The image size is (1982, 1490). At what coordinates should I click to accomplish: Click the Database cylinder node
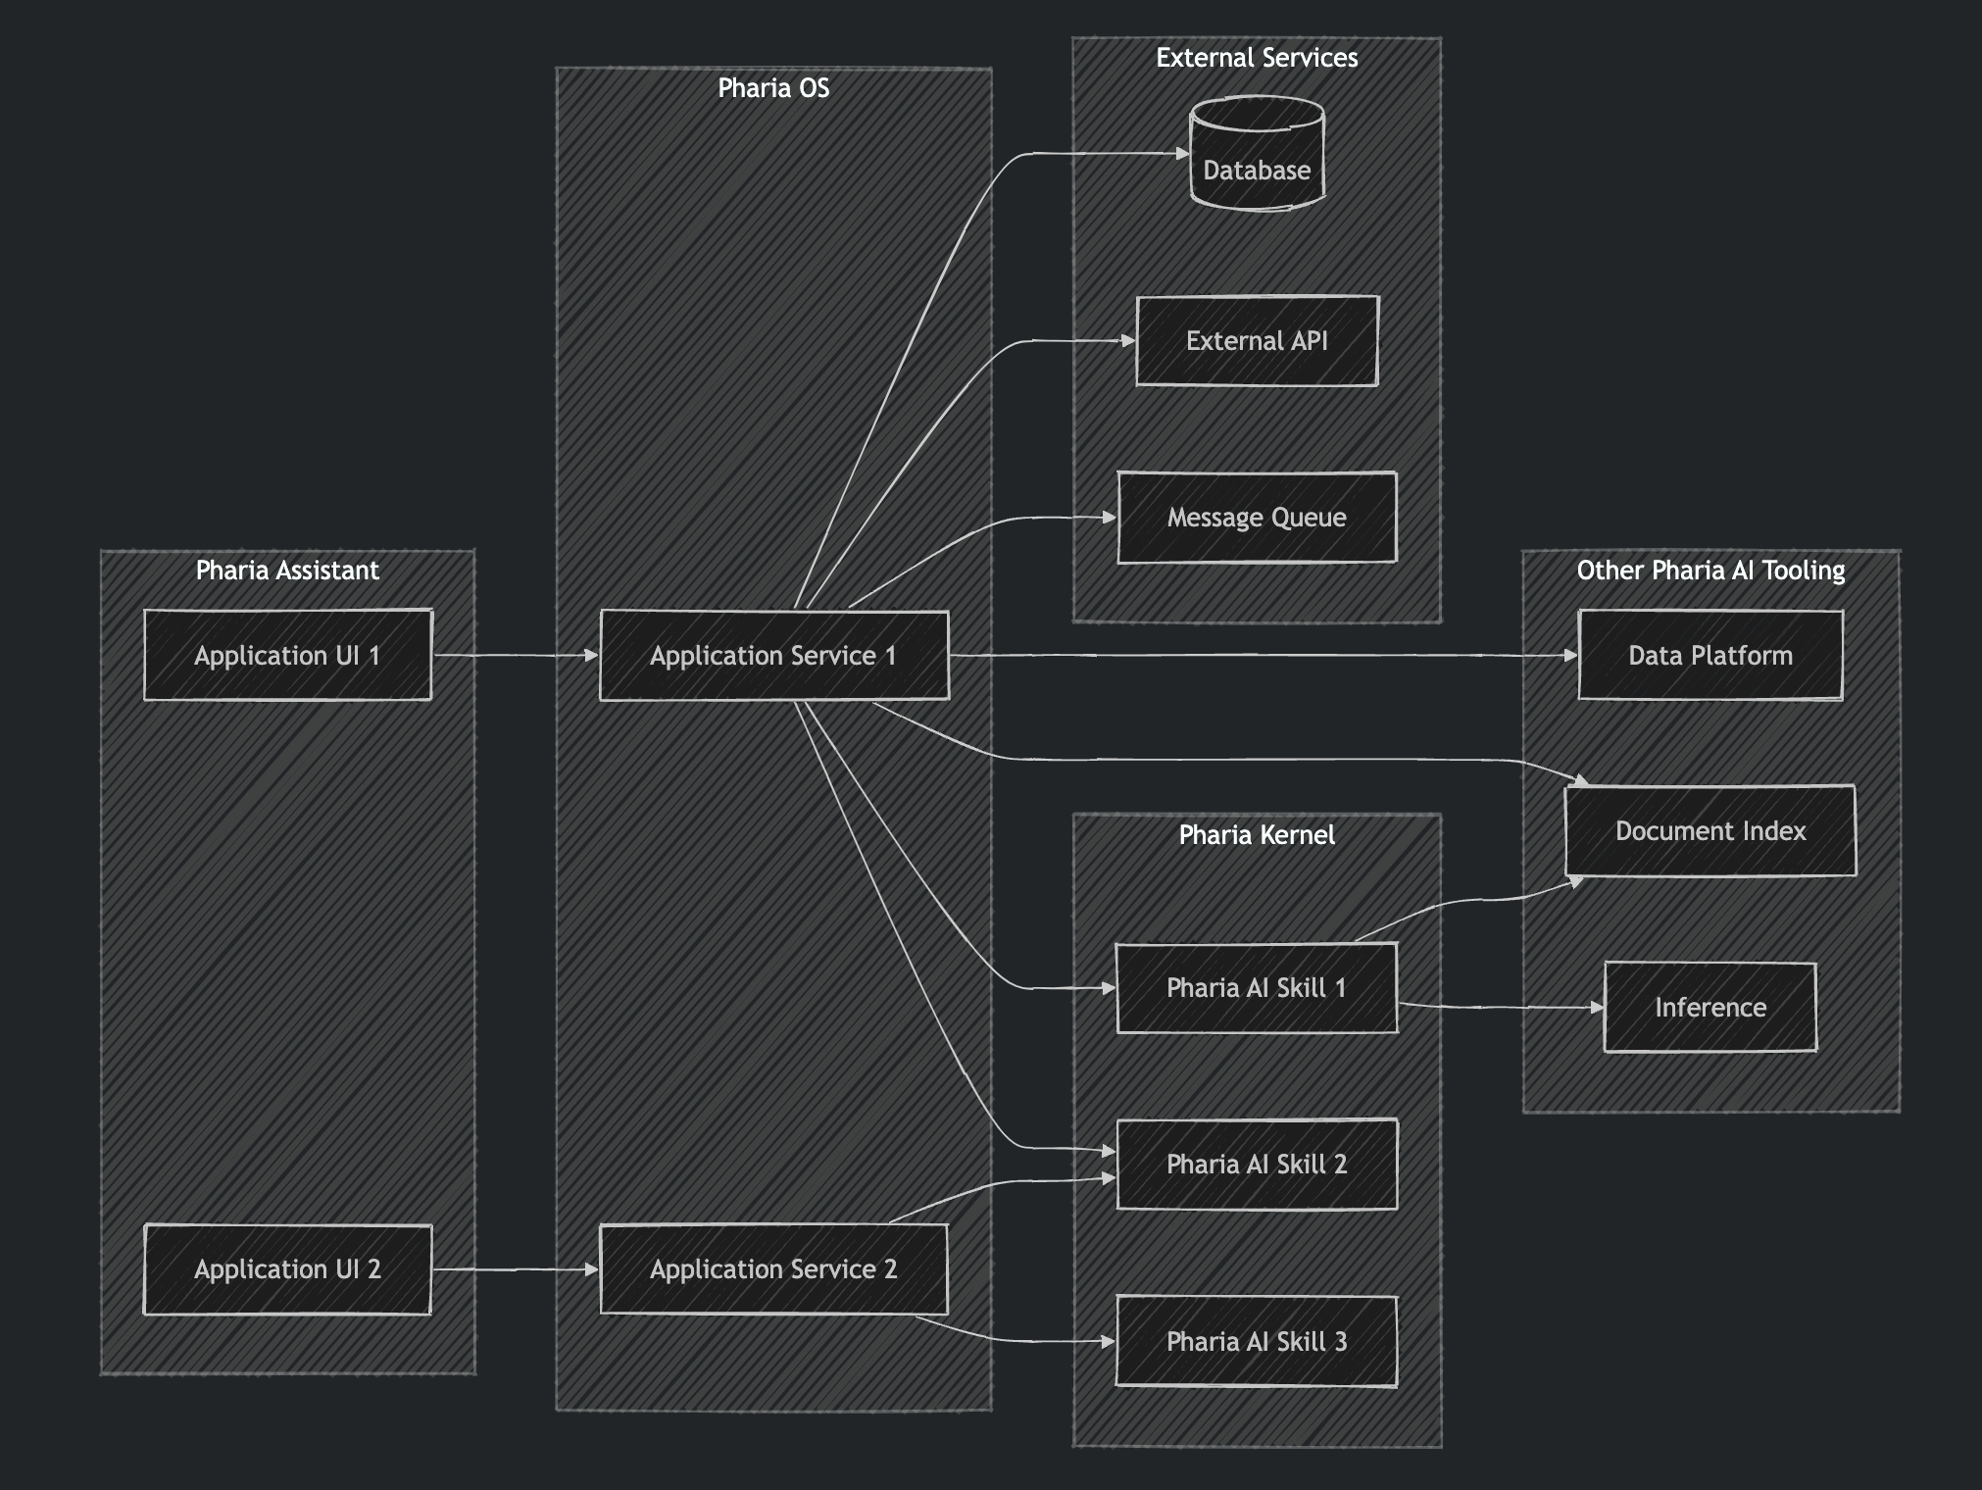coord(1257,157)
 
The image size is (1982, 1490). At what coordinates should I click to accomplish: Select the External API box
coord(1257,341)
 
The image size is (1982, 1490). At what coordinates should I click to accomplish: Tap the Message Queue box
coord(1257,518)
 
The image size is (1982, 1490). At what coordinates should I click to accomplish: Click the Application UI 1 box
coord(287,655)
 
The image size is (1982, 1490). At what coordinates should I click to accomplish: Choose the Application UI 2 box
coord(287,1269)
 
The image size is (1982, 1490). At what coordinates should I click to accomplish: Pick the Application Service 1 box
coord(773,655)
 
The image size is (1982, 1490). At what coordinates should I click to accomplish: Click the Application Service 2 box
coord(773,1269)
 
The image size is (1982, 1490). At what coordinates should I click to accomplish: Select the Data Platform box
coord(1710,655)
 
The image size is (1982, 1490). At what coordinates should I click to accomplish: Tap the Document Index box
coord(1710,831)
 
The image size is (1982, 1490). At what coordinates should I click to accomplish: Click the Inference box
coord(1710,1008)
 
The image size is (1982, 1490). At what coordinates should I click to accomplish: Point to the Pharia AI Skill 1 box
coord(1257,988)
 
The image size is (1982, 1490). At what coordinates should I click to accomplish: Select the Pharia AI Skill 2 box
coord(1257,1165)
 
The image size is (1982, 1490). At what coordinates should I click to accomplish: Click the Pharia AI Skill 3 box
coord(1257,1341)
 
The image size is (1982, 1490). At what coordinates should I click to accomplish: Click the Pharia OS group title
coord(773,88)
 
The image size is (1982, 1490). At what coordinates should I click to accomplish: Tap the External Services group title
coord(1257,58)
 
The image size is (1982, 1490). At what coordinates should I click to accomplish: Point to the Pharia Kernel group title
coord(1257,835)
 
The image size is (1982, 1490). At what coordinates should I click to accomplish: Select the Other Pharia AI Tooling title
coord(1710,571)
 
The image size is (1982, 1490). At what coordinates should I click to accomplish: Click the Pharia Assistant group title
coord(287,571)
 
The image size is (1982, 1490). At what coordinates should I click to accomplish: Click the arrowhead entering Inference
coord(1598,1008)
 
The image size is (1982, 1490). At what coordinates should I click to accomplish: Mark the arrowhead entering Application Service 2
coord(592,1269)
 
